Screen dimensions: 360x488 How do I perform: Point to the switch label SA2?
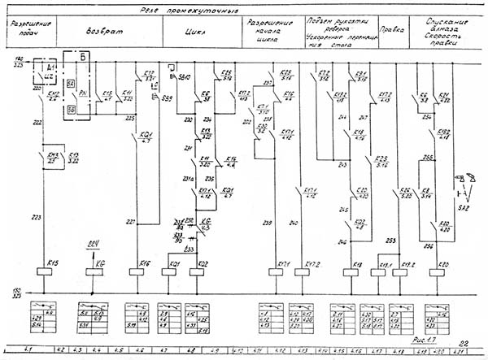click(464, 208)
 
